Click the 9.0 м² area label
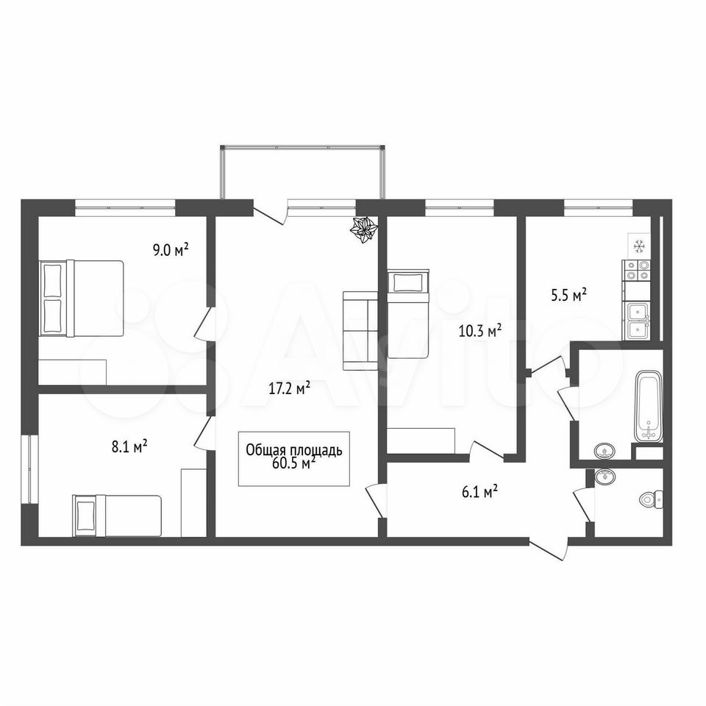170,249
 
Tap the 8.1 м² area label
129,446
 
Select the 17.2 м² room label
290,388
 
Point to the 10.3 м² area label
480,332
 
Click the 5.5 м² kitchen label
568,296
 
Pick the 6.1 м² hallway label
479,492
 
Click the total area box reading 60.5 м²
294,458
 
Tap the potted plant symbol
363,229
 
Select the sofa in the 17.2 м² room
360,330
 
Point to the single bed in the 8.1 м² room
117,516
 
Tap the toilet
652,499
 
